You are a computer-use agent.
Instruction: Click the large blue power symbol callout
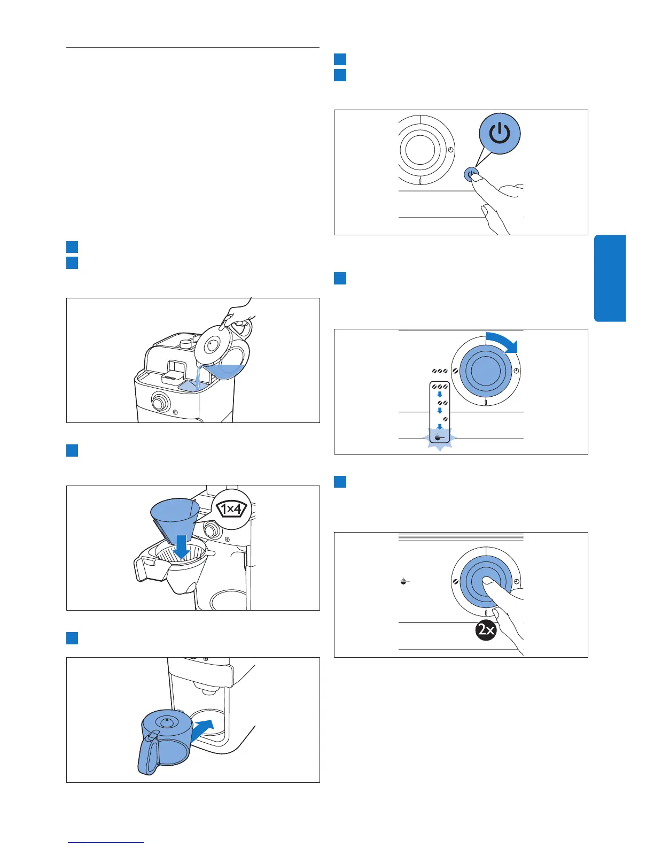pos(499,134)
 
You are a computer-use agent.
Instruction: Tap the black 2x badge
pos(486,630)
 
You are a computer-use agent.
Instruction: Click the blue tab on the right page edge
pos(610,278)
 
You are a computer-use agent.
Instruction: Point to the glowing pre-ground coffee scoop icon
pos(439,436)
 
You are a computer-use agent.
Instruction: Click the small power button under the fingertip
pos(471,174)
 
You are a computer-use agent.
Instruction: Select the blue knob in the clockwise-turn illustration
pos(485,371)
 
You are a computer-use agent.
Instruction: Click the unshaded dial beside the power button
pos(421,150)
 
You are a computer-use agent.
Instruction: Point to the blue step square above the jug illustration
pos(72,638)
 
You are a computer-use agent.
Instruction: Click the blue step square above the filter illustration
pos(72,450)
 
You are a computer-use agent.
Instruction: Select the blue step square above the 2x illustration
pos(340,481)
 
